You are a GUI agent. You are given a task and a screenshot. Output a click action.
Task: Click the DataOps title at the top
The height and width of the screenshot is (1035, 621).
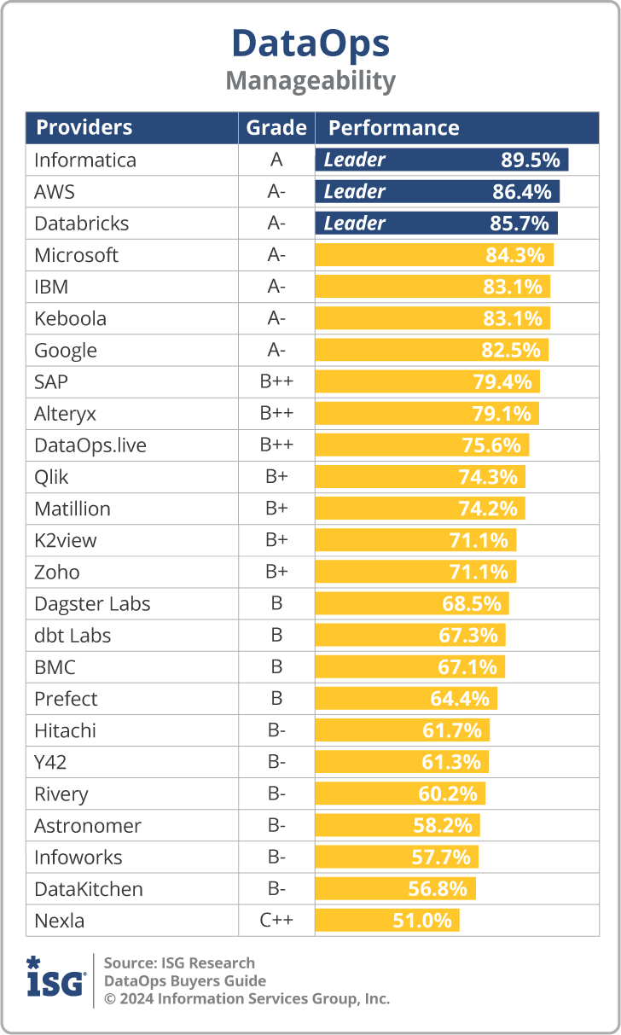(x=310, y=43)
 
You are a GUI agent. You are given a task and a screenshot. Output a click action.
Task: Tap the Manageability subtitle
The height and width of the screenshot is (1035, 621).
(x=310, y=81)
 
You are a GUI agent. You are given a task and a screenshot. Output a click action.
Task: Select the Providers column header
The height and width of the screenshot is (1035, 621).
(x=84, y=128)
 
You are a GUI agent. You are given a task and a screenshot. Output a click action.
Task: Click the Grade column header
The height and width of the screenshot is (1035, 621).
(x=276, y=128)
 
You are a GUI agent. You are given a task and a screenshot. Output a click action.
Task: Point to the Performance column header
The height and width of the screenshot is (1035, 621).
(x=393, y=128)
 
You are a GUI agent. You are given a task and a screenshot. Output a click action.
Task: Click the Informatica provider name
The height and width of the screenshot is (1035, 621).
(x=85, y=160)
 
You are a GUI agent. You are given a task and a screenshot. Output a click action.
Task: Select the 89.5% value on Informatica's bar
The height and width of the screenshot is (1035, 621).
(x=530, y=160)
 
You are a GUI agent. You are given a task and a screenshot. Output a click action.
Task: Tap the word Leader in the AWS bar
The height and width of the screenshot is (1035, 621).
(x=355, y=192)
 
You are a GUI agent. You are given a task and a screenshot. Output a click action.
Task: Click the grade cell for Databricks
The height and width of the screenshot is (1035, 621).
(x=276, y=224)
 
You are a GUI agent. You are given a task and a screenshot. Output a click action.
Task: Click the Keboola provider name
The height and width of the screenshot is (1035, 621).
(x=71, y=319)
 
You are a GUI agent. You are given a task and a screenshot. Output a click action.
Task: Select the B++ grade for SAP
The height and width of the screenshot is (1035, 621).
(x=276, y=382)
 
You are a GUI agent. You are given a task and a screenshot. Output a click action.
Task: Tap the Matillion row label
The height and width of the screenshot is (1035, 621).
(x=73, y=509)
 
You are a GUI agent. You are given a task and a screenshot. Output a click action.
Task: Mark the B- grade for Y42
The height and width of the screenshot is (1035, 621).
(x=276, y=762)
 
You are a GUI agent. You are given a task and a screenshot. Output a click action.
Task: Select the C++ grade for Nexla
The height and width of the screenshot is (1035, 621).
(x=276, y=921)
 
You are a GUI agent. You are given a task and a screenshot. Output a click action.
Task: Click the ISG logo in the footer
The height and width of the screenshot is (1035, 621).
(x=55, y=979)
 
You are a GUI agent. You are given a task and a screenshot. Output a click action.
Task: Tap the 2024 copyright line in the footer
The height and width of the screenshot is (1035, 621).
(x=247, y=998)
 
